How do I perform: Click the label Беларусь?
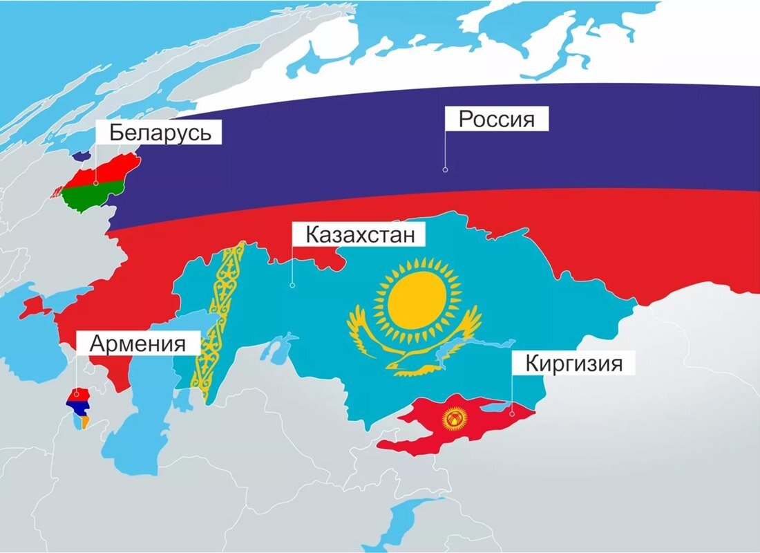(160, 132)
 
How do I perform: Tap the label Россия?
(497, 118)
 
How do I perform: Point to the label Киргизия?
(573, 363)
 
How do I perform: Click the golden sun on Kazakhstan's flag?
(415, 300)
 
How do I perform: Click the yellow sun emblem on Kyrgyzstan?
(454, 418)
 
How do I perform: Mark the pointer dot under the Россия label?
(445, 169)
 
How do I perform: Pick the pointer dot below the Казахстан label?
(292, 284)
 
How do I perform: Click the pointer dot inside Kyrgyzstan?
(511, 413)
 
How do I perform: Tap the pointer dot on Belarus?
(96, 184)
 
